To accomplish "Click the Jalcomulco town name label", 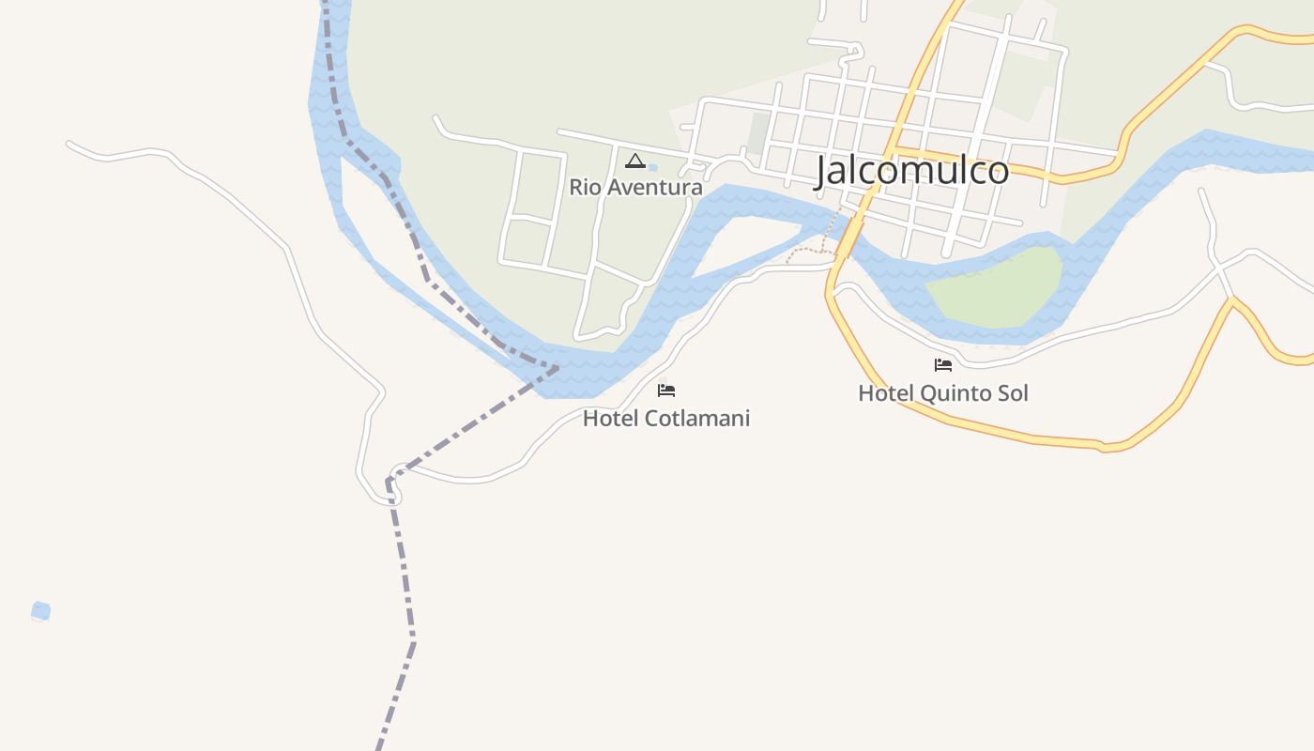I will pyautogui.click(x=911, y=171).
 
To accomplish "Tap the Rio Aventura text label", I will pyautogui.click(x=635, y=187).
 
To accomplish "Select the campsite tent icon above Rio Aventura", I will pyautogui.click(x=635, y=161).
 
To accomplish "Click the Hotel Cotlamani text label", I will pyautogui.click(x=666, y=418).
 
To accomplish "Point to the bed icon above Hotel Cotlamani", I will pyautogui.click(x=666, y=390).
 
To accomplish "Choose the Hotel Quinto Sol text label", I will pyautogui.click(x=942, y=392).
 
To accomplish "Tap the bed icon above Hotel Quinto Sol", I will pyautogui.click(x=943, y=365).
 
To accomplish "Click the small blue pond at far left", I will pyautogui.click(x=40, y=612).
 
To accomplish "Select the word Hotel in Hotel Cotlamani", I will pyautogui.click(x=606, y=418).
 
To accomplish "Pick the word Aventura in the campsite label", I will pyautogui.click(x=655, y=187).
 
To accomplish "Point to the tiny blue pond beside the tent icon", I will pyautogui.click(x=652, y=168).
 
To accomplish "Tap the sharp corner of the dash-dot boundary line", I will pyautogui.click(x=389, y=482).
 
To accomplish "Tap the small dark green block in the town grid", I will pyautogui.click(x=757, y=133).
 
